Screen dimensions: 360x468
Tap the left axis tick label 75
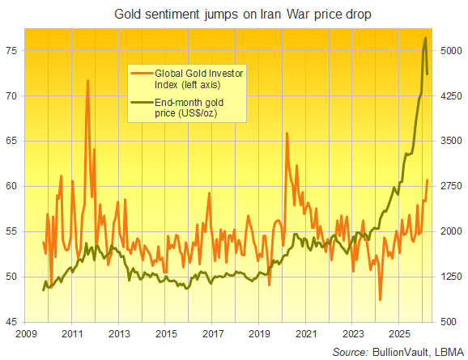point(12,50)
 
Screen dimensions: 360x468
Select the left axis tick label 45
point(12,322)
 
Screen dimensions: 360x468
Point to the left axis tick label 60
point(12,186)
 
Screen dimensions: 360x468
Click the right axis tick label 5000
point(450,50)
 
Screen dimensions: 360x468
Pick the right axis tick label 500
point(448,322)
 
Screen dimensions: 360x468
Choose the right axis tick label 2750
point(450,186)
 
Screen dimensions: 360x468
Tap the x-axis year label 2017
point(212,333)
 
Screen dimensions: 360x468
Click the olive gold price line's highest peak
point(426,38)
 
